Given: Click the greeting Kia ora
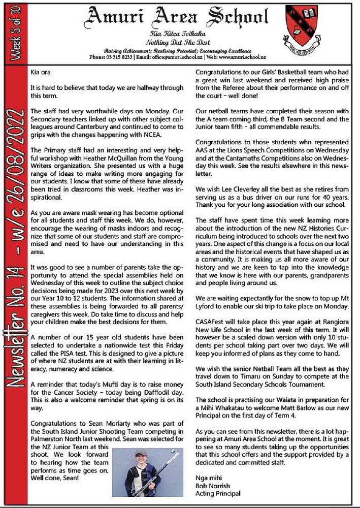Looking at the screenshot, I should (x=41, y=73).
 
